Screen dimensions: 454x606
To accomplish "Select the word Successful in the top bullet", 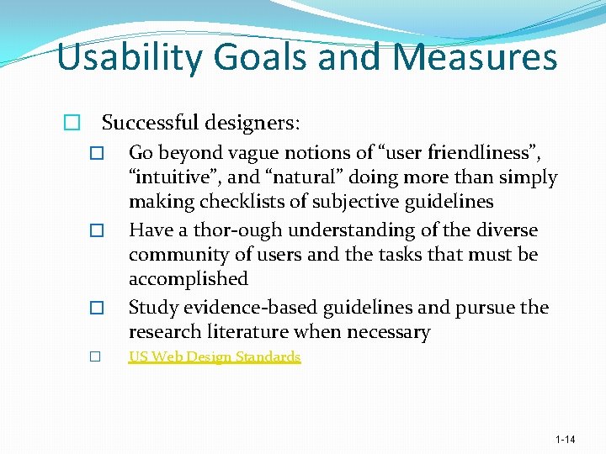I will [x=148, y=123].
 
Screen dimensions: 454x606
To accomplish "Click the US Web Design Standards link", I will [x=214, y=356].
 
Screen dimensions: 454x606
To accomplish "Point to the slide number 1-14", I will [x=565, y=440].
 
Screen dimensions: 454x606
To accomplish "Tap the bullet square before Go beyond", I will [x=96, y=155].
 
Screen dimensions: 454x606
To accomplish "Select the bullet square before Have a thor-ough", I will [x=96, y=231].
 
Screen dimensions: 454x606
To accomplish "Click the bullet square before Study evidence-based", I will [x=96, y=309].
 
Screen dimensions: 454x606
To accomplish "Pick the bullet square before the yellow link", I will [x=96, y=357].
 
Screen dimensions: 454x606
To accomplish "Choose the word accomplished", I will [x=188, y=278].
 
